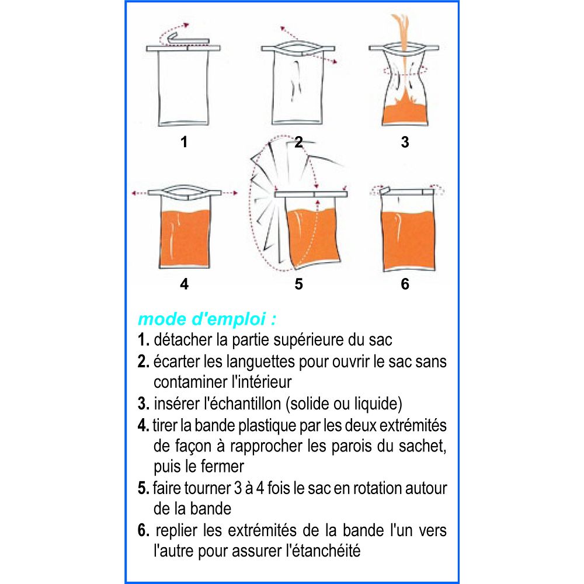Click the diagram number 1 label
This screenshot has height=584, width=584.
183,142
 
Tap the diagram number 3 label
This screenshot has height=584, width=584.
405,142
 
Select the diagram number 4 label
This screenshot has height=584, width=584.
184,284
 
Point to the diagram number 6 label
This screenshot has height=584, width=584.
405,284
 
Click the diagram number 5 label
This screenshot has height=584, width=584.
298,284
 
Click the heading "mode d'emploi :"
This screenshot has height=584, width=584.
207,319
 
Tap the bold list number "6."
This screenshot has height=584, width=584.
144,530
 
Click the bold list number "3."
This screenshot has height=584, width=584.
144,404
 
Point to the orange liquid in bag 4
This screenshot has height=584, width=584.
185,238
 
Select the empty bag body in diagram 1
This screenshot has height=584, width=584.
183,88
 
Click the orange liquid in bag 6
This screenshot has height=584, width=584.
409,240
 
